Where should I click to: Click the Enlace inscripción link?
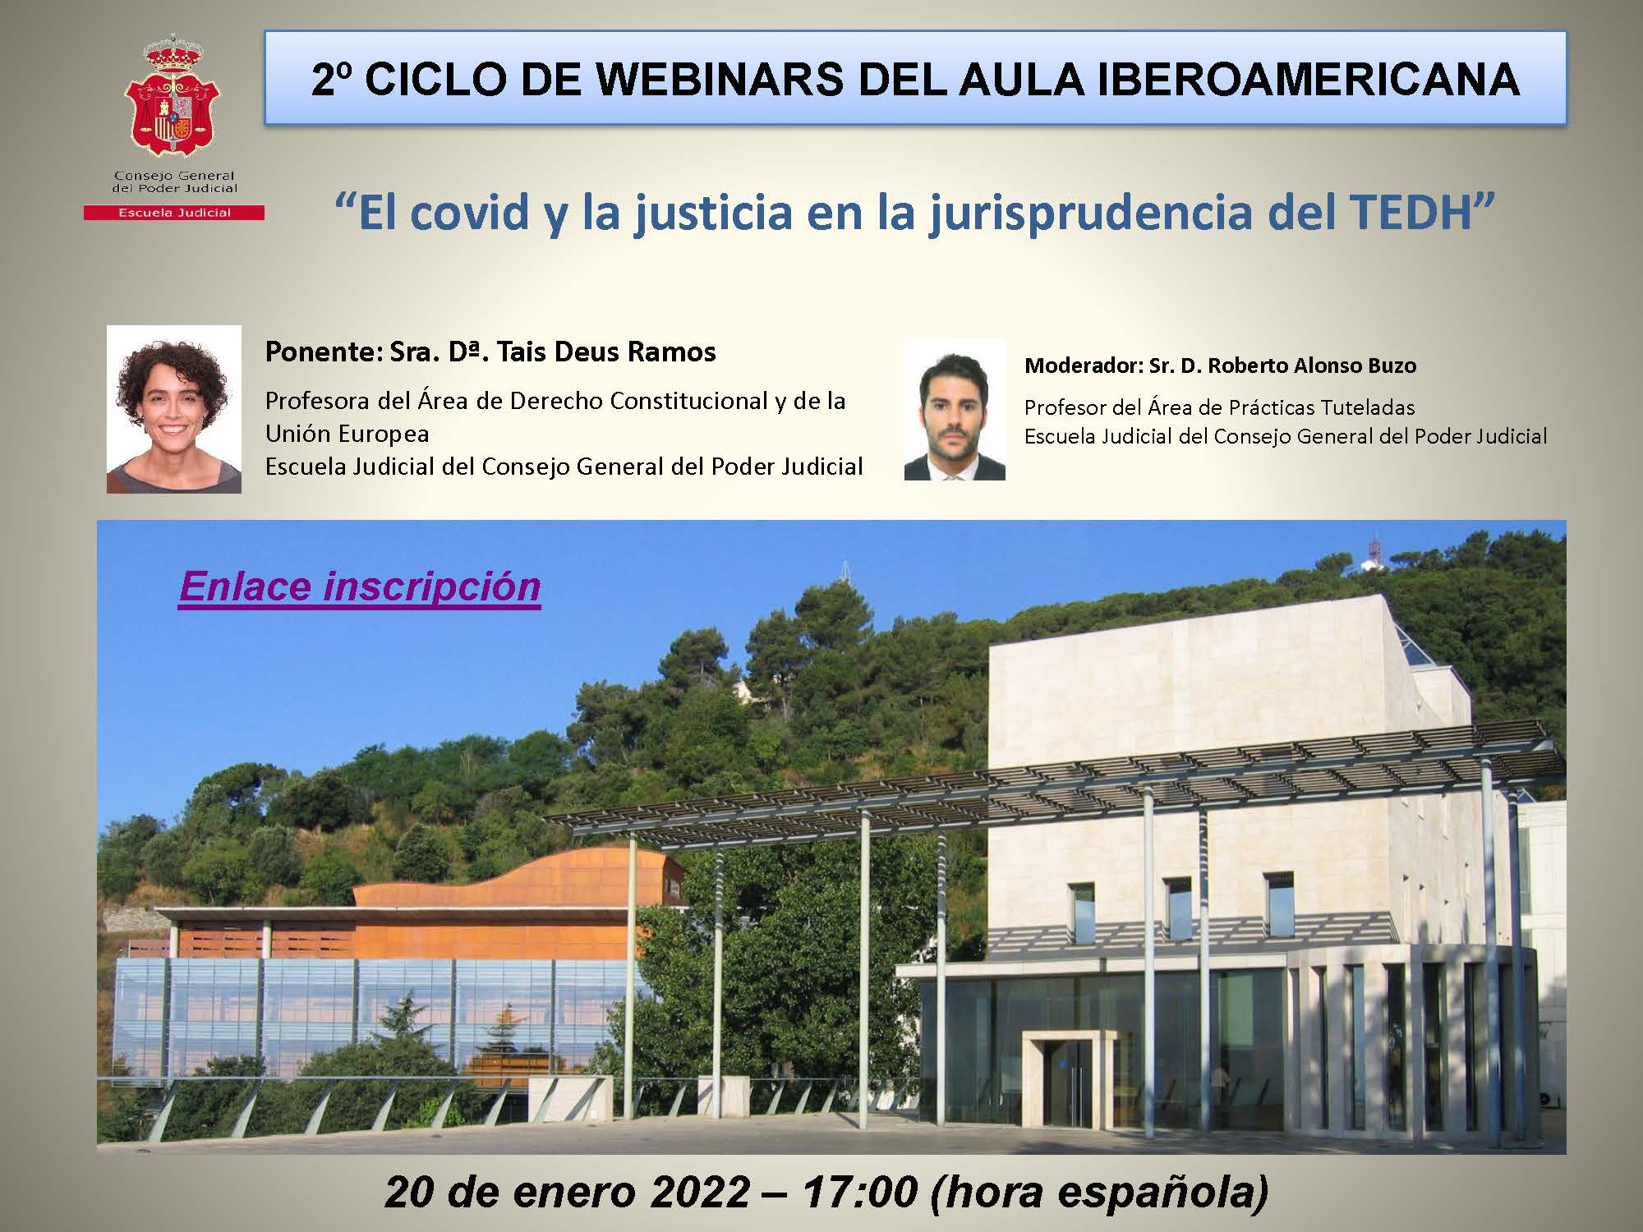click(x=360, y=586)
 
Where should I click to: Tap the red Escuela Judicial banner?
click(x=174, y=213)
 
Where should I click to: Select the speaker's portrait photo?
click(x=174, y=409)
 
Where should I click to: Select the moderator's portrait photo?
click(x=955, y=409)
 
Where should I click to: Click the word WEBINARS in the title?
click(x=715, y=80)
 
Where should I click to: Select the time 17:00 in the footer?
click(x=859, y=1192)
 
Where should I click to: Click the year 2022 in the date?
click(x=700, y=1192)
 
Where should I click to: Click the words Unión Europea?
click(x=347, y=434)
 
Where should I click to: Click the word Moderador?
click(x=1081, y=365)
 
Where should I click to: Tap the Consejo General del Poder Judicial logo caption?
click(x=174, y=182)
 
